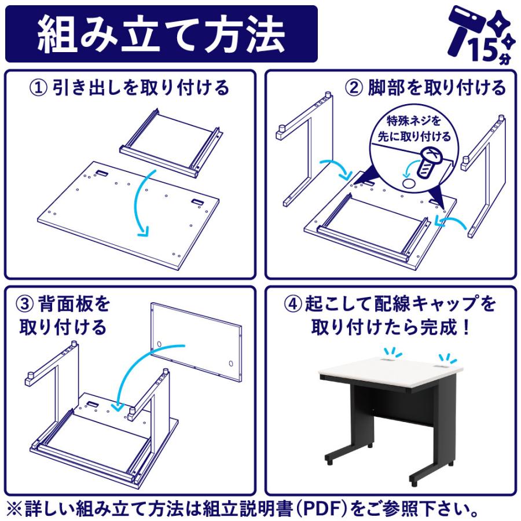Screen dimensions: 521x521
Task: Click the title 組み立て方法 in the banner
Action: click(160, 34)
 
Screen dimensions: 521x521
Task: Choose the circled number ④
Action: click(293, 304)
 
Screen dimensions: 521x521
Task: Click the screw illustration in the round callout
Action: click(428, 162)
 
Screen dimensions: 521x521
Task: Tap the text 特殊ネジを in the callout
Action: click(413, 120)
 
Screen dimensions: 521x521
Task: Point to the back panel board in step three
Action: click(196, 342)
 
